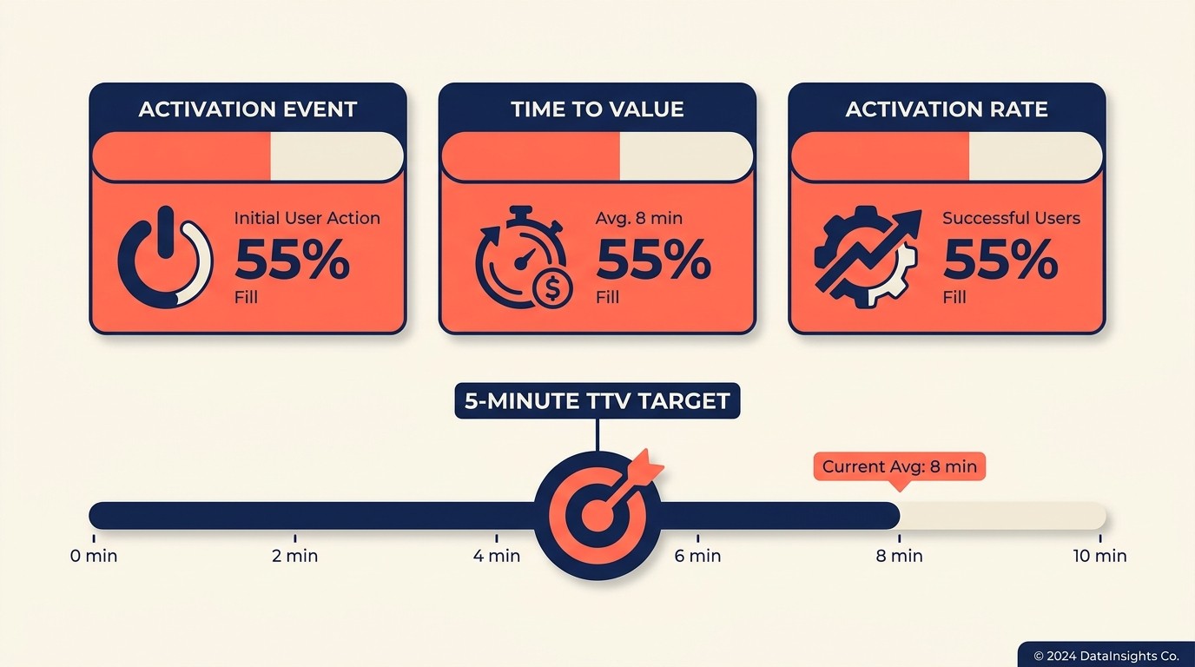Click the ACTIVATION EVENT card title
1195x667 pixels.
(x=248, y=109)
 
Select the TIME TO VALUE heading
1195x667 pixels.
(x=597, y=109)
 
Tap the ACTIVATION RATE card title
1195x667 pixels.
(x=947, y=109)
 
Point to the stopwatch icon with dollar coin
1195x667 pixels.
(x=521, y=257)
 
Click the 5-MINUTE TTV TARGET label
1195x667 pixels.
(x=597, y=401)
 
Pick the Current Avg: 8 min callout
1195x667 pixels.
(x=899, y=466)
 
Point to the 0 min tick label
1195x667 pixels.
(x=94, y=556)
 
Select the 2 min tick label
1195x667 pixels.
(x=295, y=556)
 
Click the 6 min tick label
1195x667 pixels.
(x=698, y=556)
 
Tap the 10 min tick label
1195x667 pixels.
(x=1099, y=556)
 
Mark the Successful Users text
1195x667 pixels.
(x=1011, y=217)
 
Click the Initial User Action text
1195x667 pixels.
(x=307, y=217)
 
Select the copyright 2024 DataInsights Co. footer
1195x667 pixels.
(x=1106, y=656)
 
